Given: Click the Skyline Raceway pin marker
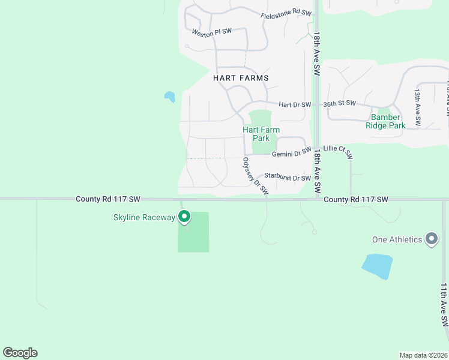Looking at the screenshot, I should point(185,217).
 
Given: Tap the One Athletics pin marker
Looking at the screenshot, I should point(431,239).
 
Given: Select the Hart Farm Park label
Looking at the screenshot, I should point(261,134).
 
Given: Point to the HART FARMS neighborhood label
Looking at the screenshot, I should point(241,78).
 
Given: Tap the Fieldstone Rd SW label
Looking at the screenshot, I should point(286,14).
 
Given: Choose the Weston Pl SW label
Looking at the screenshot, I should point(211,34).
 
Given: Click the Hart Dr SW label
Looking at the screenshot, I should point(295,104).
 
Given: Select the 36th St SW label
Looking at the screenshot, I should point(340,103).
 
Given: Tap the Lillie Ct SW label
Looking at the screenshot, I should point(338,152).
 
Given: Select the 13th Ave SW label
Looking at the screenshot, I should point(417,109).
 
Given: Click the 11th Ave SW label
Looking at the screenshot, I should point(444,304).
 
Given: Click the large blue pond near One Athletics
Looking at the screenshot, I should point(377,266).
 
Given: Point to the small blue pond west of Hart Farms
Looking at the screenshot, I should point(170,96).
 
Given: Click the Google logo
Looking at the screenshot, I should point(20,353).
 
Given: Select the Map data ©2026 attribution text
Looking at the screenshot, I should point(423,355).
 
